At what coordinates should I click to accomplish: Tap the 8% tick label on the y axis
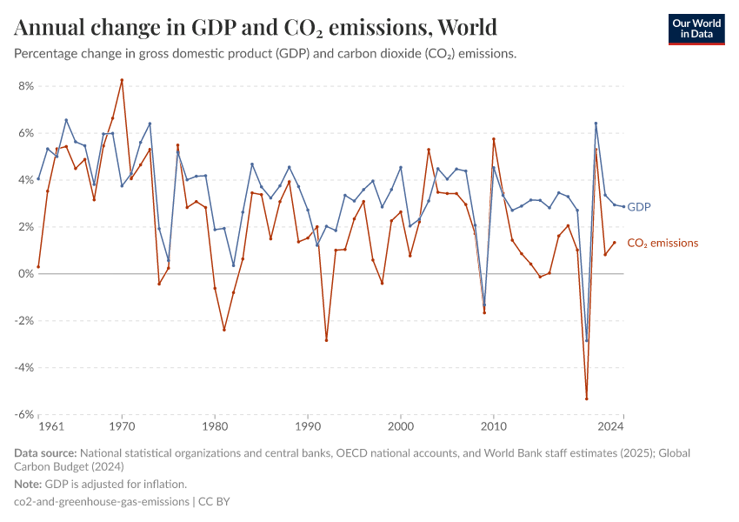click(24, 86)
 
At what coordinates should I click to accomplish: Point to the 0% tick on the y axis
click(24, 274)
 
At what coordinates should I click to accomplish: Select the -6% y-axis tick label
click(23, 414)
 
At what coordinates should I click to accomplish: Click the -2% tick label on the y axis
click(23, 321)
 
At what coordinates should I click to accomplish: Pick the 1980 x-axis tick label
click(215, 427)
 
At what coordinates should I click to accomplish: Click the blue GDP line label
click(639, 207)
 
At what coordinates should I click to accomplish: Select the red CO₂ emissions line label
click(662, 244)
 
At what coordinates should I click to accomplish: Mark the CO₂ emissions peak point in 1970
click(122, 80)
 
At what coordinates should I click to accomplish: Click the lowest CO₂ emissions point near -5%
click(587, 398)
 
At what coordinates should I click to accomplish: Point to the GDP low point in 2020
click(587, 340)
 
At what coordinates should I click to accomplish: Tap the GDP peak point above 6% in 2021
click(596, 123)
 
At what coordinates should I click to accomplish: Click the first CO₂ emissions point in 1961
click(38, 266)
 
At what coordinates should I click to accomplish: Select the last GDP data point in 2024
click(623, 206)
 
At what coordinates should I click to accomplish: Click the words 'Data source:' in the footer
click(45, 453)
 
